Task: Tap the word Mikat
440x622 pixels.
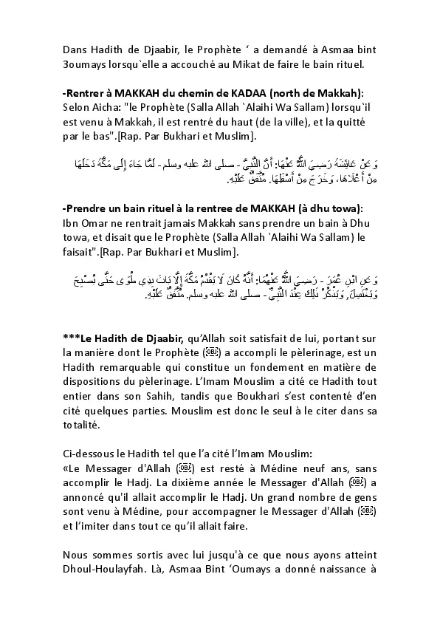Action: tap(255, 64)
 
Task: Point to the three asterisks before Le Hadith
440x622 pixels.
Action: tap(72, 336)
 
